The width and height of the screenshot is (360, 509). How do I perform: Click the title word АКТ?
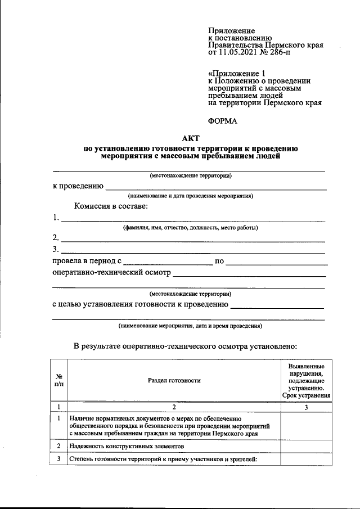coord(191,138)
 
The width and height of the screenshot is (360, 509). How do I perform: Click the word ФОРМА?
coord(223,121)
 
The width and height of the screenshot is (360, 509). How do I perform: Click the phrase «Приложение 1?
coord(236,73)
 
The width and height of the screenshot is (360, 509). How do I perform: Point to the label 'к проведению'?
coord(77,186)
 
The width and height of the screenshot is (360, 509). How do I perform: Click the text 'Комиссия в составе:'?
coord(107,206)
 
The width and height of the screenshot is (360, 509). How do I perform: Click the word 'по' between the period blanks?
coord(219,262)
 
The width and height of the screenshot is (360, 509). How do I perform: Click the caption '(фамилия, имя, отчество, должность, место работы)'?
coord(191,228)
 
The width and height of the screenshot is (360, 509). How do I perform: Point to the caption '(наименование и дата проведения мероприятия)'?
coord(191,196)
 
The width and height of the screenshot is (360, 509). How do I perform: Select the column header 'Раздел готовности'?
coord(174,381)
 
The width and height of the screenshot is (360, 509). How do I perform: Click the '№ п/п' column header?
coord(59,381)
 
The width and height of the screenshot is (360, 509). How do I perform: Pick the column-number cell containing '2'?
coord(174,407)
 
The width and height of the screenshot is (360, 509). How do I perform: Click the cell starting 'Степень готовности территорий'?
coord(163,460)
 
